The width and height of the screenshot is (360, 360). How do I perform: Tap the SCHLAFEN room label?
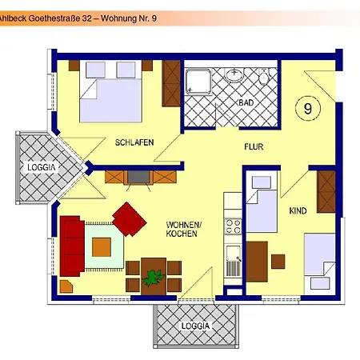tap(134, 142)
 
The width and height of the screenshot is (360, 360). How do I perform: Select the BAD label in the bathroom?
tap(245, 103)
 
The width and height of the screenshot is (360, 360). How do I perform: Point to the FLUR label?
tap(254, 147)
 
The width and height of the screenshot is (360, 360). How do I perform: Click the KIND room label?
tap(298, 210)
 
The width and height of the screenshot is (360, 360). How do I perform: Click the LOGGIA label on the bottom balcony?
tap(195, 326)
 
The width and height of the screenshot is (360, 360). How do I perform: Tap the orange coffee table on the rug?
tap(102, 246)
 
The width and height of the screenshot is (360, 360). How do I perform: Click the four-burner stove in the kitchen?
tap(233, 224)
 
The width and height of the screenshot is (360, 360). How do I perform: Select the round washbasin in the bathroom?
tap(234, 76)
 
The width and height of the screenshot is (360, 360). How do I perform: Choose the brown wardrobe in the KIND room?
tap(326, 189)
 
